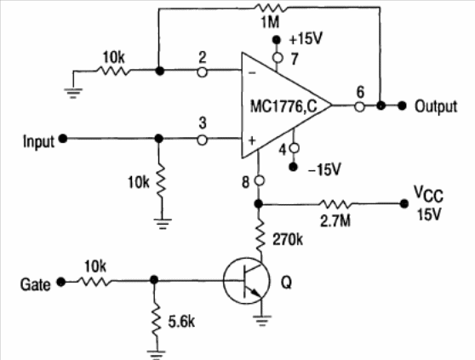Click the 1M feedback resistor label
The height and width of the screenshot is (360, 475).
tap(270, 22)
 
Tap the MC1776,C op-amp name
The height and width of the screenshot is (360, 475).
tap(283, 106)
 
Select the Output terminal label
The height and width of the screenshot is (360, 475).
tap(436, 106)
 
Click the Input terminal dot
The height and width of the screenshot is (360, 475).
tap(63, 139)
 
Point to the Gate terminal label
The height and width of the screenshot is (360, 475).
tap(35, 284)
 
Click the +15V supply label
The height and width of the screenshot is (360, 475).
tap(306, 39)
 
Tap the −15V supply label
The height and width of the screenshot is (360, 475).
tap(324, 169)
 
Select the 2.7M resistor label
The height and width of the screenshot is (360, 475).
tap(335, 220)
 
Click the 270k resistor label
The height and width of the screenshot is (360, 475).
tap(288, 239)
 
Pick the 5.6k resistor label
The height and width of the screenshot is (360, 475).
tap(181, 321)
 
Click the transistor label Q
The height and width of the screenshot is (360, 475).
tap(286, 283)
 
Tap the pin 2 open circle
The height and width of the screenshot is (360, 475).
tap(202, 72)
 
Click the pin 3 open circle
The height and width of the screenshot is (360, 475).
tap(202, 140)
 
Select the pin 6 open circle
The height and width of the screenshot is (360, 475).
tap(359, 106)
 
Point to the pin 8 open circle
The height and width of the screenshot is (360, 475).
tap(259, 180)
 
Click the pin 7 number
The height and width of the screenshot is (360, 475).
tap(295, 59)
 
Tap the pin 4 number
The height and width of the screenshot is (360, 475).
tap(283, 150)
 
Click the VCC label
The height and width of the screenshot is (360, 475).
tap(428, 193)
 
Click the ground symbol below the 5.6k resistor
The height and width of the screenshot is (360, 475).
tap(156, 354)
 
